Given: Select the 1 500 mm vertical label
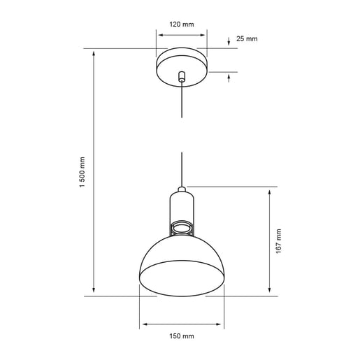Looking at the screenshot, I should point(82,172).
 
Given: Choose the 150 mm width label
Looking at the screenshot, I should point(182,336).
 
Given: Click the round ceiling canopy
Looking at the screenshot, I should point(182,64).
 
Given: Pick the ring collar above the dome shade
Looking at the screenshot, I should point(182,228).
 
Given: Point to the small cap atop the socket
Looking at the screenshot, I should point(182,189).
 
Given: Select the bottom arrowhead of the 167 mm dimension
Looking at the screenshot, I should point(268,291).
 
